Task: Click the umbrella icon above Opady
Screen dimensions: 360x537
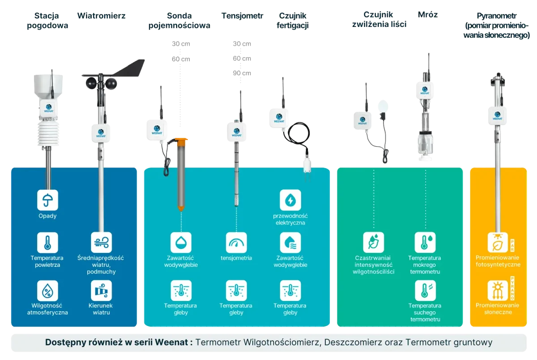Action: pos(47,200)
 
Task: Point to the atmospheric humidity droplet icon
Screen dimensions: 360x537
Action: pos(47,291)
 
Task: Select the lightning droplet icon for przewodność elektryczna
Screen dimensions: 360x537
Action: pos(290,200)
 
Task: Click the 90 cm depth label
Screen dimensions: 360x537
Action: pos(242,73)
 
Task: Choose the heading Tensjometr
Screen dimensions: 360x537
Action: pos(242,17)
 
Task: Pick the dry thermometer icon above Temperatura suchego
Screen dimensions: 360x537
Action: pos(425,291)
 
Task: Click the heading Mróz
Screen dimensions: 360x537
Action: pos(428,14)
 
